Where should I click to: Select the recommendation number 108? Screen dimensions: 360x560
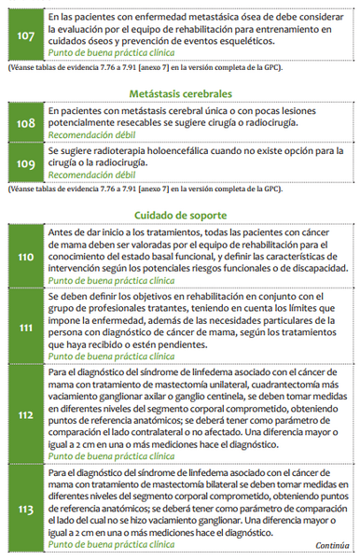(x=24, y=121)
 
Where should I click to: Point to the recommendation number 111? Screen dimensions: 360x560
(x=24, y=327)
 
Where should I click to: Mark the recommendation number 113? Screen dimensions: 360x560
(x=24, y=511)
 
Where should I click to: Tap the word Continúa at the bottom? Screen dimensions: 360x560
(x=333, y=545)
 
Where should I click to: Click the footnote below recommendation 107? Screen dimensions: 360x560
(x=157, y=68)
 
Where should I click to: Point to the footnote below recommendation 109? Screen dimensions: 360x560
(x=157, y=189)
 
